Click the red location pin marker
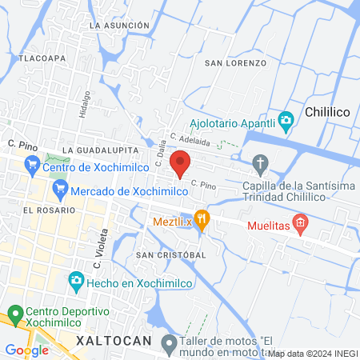coord(181,162)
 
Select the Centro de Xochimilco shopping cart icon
coord(33,166)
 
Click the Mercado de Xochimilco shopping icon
coord(59,190)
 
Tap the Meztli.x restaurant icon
coord(202,218)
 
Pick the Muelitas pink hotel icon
coord(301,223)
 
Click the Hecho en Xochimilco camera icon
coord(76,280)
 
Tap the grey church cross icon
coord(260,164)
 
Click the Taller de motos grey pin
coord(168,344)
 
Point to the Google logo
coord(26,350)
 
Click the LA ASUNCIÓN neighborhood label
coord(120,26)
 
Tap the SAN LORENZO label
coord(235,62)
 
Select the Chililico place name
coord(330,114)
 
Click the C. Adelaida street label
coord(190,141)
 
